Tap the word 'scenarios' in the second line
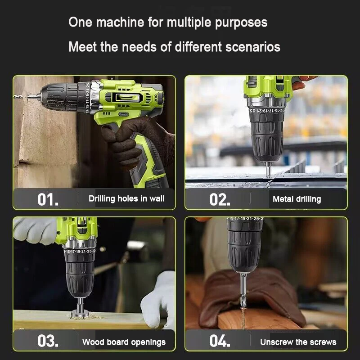253,47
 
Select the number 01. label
48,199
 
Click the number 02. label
220,199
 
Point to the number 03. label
48,341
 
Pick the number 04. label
220,341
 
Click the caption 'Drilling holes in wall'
126,199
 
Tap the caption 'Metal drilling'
297,199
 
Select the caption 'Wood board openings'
124,342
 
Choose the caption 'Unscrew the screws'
298,342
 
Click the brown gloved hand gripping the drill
129,142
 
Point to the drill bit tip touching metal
268,177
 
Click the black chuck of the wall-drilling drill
62,97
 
